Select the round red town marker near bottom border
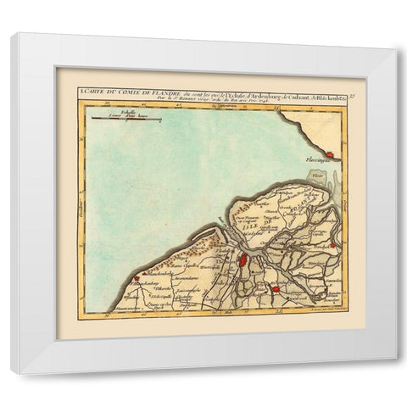pos(276,292)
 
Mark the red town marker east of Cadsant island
pos(335,247)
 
